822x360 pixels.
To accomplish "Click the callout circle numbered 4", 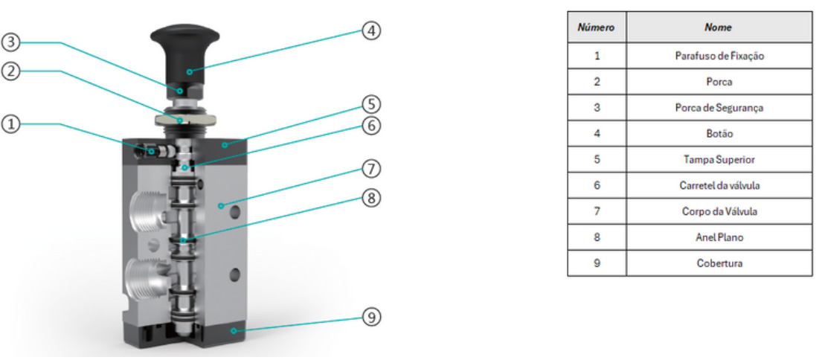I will pyautogui.click(x=371, y=31).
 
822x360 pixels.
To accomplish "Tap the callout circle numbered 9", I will pyautogui.click(x=371, y=318).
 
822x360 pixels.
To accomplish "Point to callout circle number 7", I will pyautogui.click(x=371, y=169).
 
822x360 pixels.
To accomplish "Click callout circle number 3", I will pyautogui.click(x=10, y=43).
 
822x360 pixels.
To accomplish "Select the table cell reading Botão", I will pyautogui.click(x=718, y=134).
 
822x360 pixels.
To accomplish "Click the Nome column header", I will pyautogui.click(x=718, y=28).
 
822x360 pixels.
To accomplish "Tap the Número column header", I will pyautogui.click(x=597, y=28).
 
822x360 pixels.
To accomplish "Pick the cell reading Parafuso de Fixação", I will pyautogui.click(x=718, y=56).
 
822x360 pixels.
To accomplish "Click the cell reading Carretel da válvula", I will pyautogui.click(x=718, y=185).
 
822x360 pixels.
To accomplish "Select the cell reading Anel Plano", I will pyautogui.click(x=718, y=237).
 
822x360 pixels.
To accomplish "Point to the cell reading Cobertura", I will pyautogui.click(x=718, y=263).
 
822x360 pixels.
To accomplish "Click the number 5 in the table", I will pyautogui.click(x=597, y=159).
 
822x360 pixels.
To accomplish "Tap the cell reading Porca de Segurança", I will pyautogui.click(x=718, y=108).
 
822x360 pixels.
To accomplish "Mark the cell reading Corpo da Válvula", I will pyautogui.click(x=718, y=211).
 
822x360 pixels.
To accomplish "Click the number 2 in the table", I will pyautogui.click(x=597, y=82).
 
